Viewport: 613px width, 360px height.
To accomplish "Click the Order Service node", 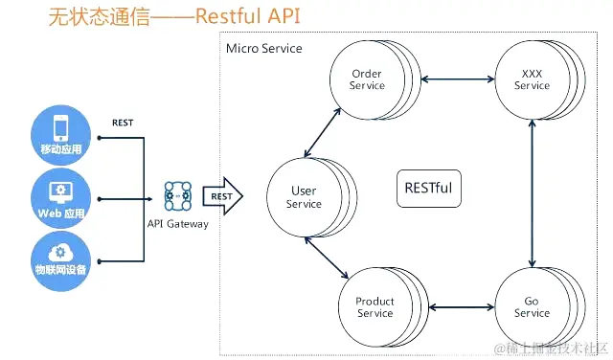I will point(367,79).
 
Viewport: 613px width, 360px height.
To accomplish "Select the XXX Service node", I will point(532,79).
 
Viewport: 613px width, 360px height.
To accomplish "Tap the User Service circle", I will point(304,197).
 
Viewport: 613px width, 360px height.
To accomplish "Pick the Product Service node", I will point(375,307).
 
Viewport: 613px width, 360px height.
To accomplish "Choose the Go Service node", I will point(532,307).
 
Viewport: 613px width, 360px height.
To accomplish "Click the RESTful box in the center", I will point(427,188).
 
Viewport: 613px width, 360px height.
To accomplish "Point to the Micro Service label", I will point(263,49).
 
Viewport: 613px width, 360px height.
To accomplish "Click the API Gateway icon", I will point(178,196).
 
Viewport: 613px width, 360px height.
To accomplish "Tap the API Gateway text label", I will point(177,223).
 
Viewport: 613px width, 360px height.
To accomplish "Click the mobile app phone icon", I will point(60,127).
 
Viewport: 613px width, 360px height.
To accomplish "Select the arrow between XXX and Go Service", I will point(532,192).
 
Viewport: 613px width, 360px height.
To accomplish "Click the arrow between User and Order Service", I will point(323,132).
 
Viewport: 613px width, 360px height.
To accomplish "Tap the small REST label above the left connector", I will point(123,123).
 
